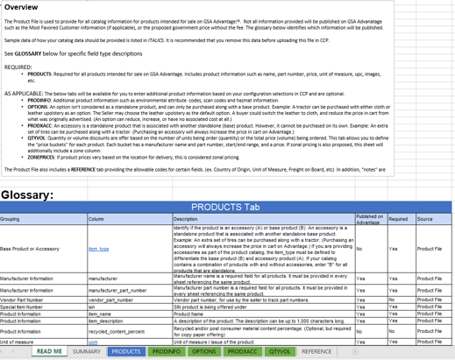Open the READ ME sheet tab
click(48, 351)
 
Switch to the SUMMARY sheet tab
click(87, 351)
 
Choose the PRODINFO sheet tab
click(166, 351)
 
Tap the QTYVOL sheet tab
click(280, 351)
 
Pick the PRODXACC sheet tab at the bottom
click(241, 351)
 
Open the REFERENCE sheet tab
click(316, 351)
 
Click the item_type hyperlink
click(98, 249)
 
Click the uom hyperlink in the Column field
click(93, 342)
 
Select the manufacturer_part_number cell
click(117, 290)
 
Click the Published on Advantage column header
click(369, 219)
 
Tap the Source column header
click(424, 219)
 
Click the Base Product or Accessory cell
click(30, 249)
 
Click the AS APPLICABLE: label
click(22, 91)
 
